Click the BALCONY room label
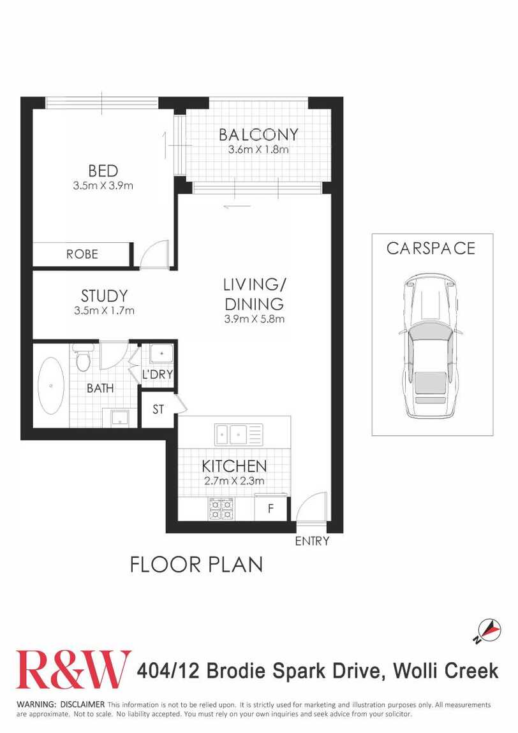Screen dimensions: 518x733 (x=258, y=134)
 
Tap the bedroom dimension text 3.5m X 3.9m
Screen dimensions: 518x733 (x=103, y=185)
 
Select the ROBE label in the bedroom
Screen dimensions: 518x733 (x=82, y=254)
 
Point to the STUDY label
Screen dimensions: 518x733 (x=104, y=296)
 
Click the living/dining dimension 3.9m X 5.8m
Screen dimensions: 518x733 (x=254, y=319)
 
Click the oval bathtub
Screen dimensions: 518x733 (x=50, y=386)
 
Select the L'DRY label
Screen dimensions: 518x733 (x=157, y=374)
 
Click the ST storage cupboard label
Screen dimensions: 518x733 (x=158, y=409)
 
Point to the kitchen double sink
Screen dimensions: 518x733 (x=239, y=435)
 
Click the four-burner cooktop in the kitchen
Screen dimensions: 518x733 (x=221, y=509)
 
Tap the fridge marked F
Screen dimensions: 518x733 (x=270, y=508)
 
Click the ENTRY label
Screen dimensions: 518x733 (x=312, y=541)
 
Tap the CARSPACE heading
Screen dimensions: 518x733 (x=431, y=248)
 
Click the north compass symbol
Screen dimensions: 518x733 (x=488, y=630)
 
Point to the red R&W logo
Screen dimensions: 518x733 (x=73, y=669)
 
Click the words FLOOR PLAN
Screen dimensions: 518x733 (x=196, y=565)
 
